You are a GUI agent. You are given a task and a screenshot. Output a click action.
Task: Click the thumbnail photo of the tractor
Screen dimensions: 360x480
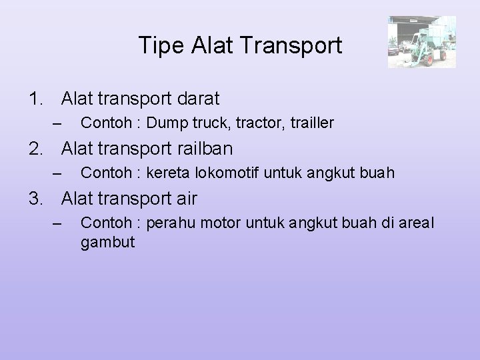[x=422, y=42]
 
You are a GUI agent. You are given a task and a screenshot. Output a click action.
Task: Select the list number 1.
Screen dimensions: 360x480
[x=36, y=99]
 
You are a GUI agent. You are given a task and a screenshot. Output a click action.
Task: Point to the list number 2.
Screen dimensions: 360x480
[x=36, y=149]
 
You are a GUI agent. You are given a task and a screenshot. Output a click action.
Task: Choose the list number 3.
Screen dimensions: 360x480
[x=36, y=198]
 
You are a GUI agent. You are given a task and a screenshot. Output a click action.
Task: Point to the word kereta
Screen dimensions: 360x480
[x=166, y=173]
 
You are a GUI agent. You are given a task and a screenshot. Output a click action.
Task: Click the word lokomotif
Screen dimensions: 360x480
[x=225, y=173]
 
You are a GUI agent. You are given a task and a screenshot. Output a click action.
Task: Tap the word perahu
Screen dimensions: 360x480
[x=170, y=223]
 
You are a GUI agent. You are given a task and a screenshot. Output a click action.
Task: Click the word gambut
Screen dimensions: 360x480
[x=107, y=241]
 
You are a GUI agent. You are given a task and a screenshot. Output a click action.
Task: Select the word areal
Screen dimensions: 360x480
[x=417, y=223]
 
